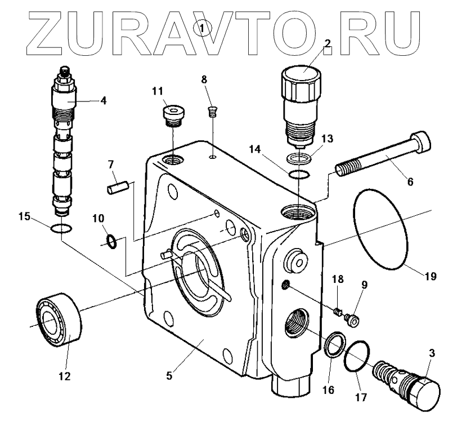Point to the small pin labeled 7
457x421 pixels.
pyautogui.click(x=119, y=186)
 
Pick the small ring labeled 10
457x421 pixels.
pyautogui.click(x=111, y=242)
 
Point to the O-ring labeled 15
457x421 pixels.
pyautogui.click(x=60, y=228)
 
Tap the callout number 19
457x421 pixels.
pyautogui.click(x=430, y=276)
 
